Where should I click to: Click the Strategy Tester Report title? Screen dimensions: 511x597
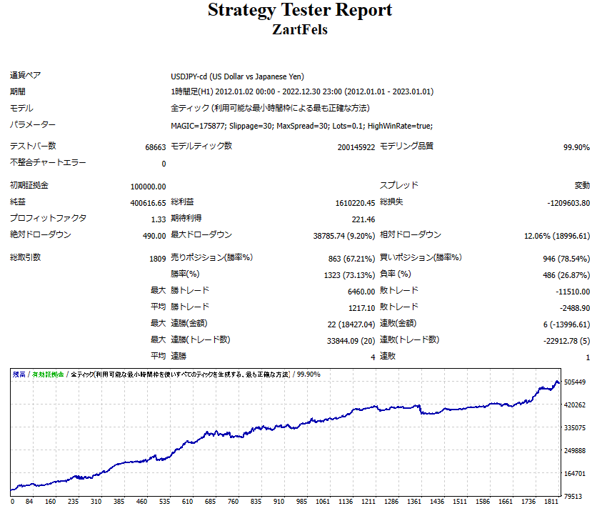click(x=300, y=11)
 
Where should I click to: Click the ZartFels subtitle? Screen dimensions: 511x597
click(x=300, y=30)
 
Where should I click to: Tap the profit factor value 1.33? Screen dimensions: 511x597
click(x=158, y=219)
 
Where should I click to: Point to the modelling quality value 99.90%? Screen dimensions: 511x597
click(x=576, y=147)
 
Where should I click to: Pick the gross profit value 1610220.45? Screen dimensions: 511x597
click(x=349, y=203)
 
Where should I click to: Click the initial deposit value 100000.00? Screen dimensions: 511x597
click(x=148, y=187)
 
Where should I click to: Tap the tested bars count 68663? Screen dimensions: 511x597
click(x=155, y=147)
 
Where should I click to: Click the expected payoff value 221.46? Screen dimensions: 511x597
click(x=363, y=219)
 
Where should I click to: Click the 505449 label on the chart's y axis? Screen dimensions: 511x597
click(x=575, y=382)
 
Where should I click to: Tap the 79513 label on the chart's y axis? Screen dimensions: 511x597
click(x=573, y=496)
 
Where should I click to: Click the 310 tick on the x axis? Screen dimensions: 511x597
click(x=97, y=502)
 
